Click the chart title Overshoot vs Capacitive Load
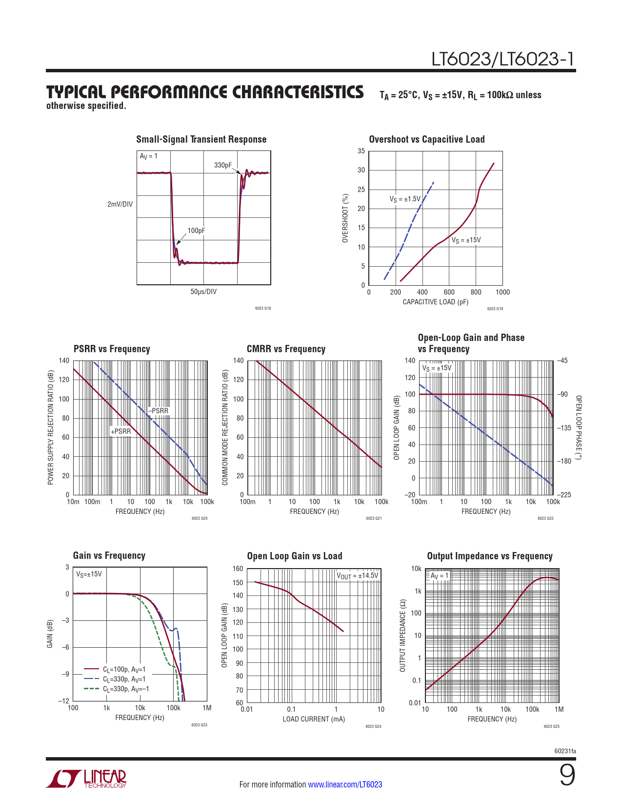tap(426, 139)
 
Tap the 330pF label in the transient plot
tap(223, 165)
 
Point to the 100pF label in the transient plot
tap(196, 231)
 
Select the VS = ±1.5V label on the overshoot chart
tap(404, 199)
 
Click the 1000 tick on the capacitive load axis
tap(502, 292)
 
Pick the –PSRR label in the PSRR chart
tap(159, 411)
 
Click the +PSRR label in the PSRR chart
tap(120, 431)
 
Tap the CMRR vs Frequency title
tap(286, 349)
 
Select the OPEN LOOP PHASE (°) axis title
tap(579, 427)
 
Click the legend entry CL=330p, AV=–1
tap(126, 689)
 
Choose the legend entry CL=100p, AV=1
tap(124, 669)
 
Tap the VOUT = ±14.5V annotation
tap(357, 575)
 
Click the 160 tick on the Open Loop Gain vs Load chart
tap(238, 569)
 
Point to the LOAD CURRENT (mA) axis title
tap(314, 719)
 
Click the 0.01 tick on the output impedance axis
tap(415, 702)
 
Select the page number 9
tap(567, 775)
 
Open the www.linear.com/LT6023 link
tap(345, 785)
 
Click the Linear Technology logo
tap(86, 779)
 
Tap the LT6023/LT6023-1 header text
tap(502, 59)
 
